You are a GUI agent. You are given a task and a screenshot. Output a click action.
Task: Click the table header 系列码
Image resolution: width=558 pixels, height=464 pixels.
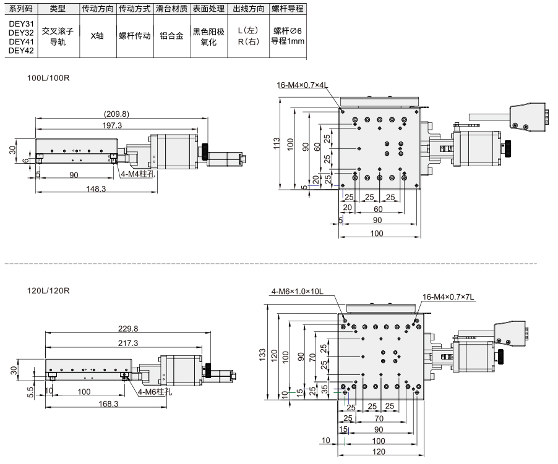[x=21, y=9]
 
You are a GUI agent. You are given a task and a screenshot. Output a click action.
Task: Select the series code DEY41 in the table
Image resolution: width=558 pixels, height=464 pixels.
[x=21, y=41]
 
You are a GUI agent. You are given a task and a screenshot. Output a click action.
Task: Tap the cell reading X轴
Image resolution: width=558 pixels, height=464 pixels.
[x=97, y=36]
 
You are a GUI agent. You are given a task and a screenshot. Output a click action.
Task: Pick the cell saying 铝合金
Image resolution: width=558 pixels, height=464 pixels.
[x=171, y=36]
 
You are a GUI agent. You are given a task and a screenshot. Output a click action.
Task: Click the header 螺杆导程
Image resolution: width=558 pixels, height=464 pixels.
[x=288, y=9]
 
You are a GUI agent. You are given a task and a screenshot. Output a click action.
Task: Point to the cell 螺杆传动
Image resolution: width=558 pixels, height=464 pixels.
[x=134, y=36]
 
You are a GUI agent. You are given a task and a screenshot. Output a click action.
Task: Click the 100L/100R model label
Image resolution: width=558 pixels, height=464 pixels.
[x=48, y=78]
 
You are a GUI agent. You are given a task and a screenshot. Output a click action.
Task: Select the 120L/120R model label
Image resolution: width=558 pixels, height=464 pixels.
[x=48, y=290]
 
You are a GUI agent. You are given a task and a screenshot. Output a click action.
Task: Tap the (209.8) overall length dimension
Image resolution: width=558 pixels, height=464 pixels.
[x=116, y=114]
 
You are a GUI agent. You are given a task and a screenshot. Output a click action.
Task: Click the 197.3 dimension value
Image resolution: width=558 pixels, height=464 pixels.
[x=112, y=125]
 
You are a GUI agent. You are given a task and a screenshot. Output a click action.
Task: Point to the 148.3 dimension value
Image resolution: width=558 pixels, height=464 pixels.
[x=96, y=188]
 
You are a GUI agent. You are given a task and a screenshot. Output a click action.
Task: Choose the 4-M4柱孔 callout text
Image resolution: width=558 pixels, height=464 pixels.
[x=138, y=174]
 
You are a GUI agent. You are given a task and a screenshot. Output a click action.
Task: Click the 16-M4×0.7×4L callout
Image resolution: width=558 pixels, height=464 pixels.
[x=302, y=85]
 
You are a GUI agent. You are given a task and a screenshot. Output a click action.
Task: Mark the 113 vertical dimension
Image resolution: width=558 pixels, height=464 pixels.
[x=277, y=143]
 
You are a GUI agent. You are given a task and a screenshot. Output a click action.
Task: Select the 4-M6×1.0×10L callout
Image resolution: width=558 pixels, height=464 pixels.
[x=298, y=292]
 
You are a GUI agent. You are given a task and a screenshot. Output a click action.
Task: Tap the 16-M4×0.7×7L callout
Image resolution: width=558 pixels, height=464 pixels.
[x=449, y=297]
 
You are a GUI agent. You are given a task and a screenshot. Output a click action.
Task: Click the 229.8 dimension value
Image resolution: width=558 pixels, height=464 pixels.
[x=128, y=329]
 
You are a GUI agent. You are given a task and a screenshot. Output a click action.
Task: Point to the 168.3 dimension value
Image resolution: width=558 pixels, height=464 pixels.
[x=108, y=403]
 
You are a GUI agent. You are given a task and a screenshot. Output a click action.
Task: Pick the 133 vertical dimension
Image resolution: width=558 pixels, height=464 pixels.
[x=262, y=355]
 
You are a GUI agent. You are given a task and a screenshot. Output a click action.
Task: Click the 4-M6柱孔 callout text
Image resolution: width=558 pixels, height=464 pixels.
[x=155, y=392]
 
